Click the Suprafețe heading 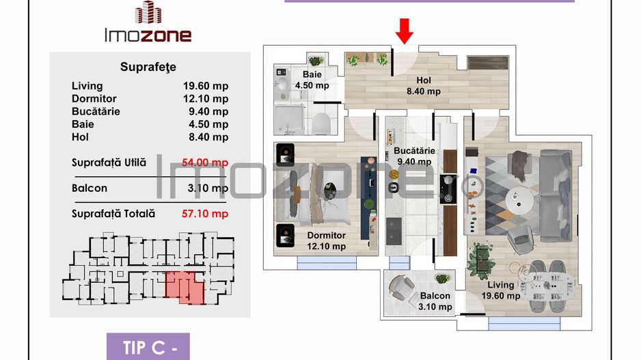pos(148,67)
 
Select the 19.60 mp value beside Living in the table pos(206,86)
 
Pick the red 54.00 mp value pos(206,163)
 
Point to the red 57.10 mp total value pos(206,214)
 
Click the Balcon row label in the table pos(90,189)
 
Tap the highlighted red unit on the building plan pos(185,286)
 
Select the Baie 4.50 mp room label pos(312,81)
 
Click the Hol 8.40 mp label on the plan pos(424,86)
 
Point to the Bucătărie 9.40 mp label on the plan pos(413,156)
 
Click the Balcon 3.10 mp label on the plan pos(435,301)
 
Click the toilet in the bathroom pos(321,123)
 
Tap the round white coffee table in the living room pos(520,200)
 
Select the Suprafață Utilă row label pos(109,163)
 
